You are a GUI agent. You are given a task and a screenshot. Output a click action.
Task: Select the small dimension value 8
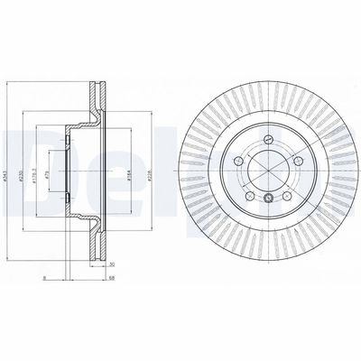pyautogui.click(x=42, y=278)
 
